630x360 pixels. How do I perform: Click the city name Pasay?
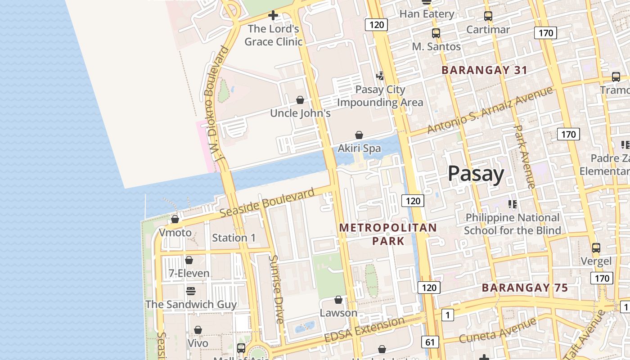click(476, 174)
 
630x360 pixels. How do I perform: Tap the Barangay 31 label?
click(484, 70)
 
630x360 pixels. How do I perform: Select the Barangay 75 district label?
click(525, 288)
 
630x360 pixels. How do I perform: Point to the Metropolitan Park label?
click(388, 234)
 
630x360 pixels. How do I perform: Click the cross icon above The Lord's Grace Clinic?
click(273, 16)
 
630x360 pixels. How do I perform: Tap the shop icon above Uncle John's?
click(300, 100)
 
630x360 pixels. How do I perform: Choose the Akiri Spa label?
click(359, 148)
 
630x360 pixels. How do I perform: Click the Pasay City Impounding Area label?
click(380, 96)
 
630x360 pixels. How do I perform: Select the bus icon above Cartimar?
click(488, 17)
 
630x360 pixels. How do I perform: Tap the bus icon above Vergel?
click(596, 248)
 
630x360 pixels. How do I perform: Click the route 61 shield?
click(430, 342)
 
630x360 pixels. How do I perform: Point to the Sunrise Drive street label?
click(276, 289)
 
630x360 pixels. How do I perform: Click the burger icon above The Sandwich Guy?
click(191, 291)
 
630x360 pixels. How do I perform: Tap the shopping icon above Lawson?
click(338, 300)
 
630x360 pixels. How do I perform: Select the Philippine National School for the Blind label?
click(512, 224)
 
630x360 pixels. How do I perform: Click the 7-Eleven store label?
click(189, 273)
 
